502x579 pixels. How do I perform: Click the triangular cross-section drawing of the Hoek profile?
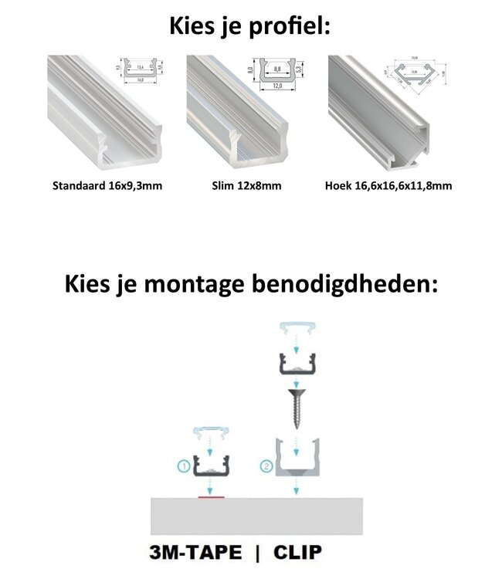(x=419, y=74)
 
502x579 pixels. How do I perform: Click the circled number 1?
(x=184, y=466)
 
